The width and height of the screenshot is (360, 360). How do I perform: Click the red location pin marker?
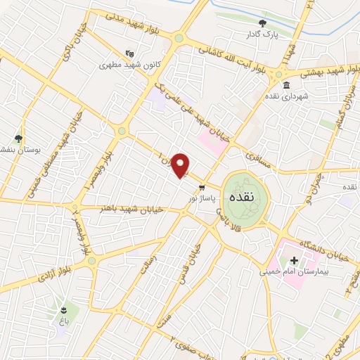(x=181, y=165)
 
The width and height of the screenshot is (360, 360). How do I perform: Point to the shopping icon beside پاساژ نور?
(x=202, y=188)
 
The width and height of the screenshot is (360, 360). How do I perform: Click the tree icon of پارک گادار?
(x=252, y=22)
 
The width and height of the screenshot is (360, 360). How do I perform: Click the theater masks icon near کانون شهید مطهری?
(x=129, y=53)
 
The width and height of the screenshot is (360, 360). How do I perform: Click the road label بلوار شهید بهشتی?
(x=315, y=72)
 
